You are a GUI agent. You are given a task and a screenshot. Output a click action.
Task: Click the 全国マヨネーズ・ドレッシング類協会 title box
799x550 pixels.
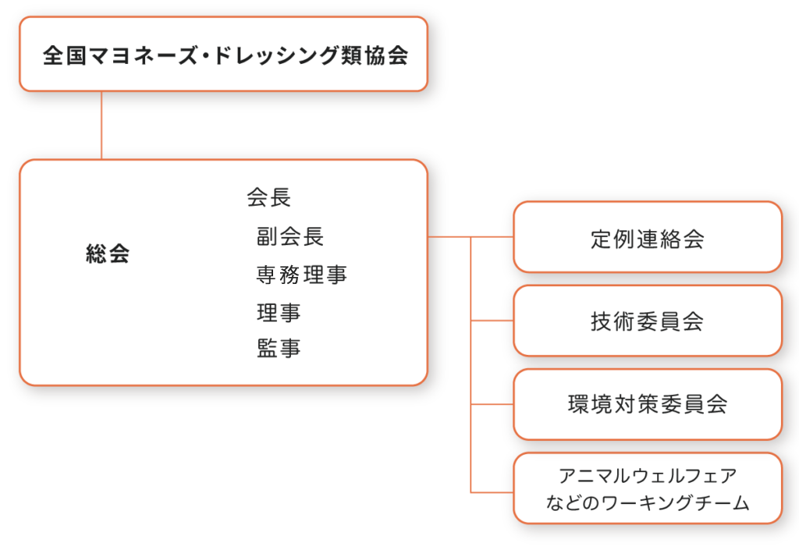click(x=223, y=55)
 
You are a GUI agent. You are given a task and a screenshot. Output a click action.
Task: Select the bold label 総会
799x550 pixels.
click(x=108, y=254)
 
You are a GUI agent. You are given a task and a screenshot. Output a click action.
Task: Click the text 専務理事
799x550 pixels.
click(x=301, y=275)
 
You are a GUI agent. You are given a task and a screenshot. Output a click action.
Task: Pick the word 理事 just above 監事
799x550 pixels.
click(x=279, y=313)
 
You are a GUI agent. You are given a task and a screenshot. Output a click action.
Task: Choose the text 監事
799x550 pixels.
click(x=279, y=349)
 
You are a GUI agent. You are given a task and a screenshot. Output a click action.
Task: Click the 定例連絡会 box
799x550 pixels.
click(x=647, y=238)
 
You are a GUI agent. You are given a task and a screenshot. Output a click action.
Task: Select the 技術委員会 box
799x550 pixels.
click(x=647, y=321)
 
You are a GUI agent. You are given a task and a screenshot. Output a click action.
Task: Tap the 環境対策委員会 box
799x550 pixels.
click(x=647, y=405)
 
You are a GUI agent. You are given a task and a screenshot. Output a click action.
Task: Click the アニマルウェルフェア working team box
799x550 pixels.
click(x=647, y=488)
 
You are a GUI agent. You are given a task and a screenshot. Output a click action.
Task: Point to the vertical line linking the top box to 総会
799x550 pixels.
click(x=101, y=125)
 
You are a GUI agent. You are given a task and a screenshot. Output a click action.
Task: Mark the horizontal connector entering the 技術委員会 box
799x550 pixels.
click(x=492, y=321)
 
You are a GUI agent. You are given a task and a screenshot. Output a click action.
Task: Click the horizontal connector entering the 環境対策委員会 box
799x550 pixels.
click(x=492, y=405)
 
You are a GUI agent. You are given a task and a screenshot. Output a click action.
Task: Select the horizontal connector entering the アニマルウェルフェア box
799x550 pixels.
click(x=492, y=491)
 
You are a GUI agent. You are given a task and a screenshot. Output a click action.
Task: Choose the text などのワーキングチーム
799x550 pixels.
click(x=648, y=503)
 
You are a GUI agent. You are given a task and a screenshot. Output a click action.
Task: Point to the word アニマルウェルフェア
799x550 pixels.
click(x=648, y=475)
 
